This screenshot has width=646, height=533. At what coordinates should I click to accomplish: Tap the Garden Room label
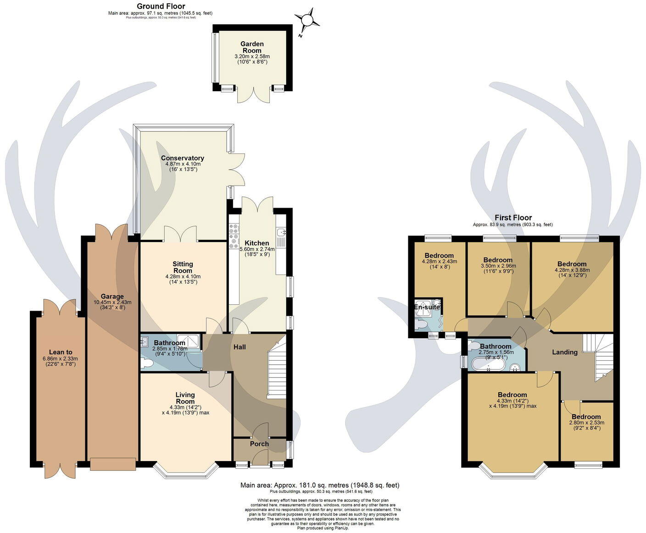pyautogui.click(x=252, y=47)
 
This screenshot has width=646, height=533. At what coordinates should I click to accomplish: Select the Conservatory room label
pyautogui.click(x=182, y=158)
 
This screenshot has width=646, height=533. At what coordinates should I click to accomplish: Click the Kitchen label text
pyautogui.click(x=256, y=243)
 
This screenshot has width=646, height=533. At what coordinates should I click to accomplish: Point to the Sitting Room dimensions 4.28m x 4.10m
pyautogui.click(x=183, y=276)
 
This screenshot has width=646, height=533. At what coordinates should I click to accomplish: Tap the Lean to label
pyautogui.click(x=57, y=352)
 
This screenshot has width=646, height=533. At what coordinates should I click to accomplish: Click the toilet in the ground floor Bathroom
pyautogui.click(x=147, y=363)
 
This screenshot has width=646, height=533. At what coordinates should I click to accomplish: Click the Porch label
pyautogui.click(x=259, y=444)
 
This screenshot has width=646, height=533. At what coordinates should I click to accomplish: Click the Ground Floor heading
pyautogui.click(x=161, y=6)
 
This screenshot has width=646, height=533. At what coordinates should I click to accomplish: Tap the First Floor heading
pyautogui.click(x=513, y=218)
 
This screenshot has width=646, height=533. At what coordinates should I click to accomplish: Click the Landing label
pyautogui.click(x=564, y=352)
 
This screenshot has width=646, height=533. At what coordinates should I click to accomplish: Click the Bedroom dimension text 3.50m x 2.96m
pyautogui.click(x=498, y=266)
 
